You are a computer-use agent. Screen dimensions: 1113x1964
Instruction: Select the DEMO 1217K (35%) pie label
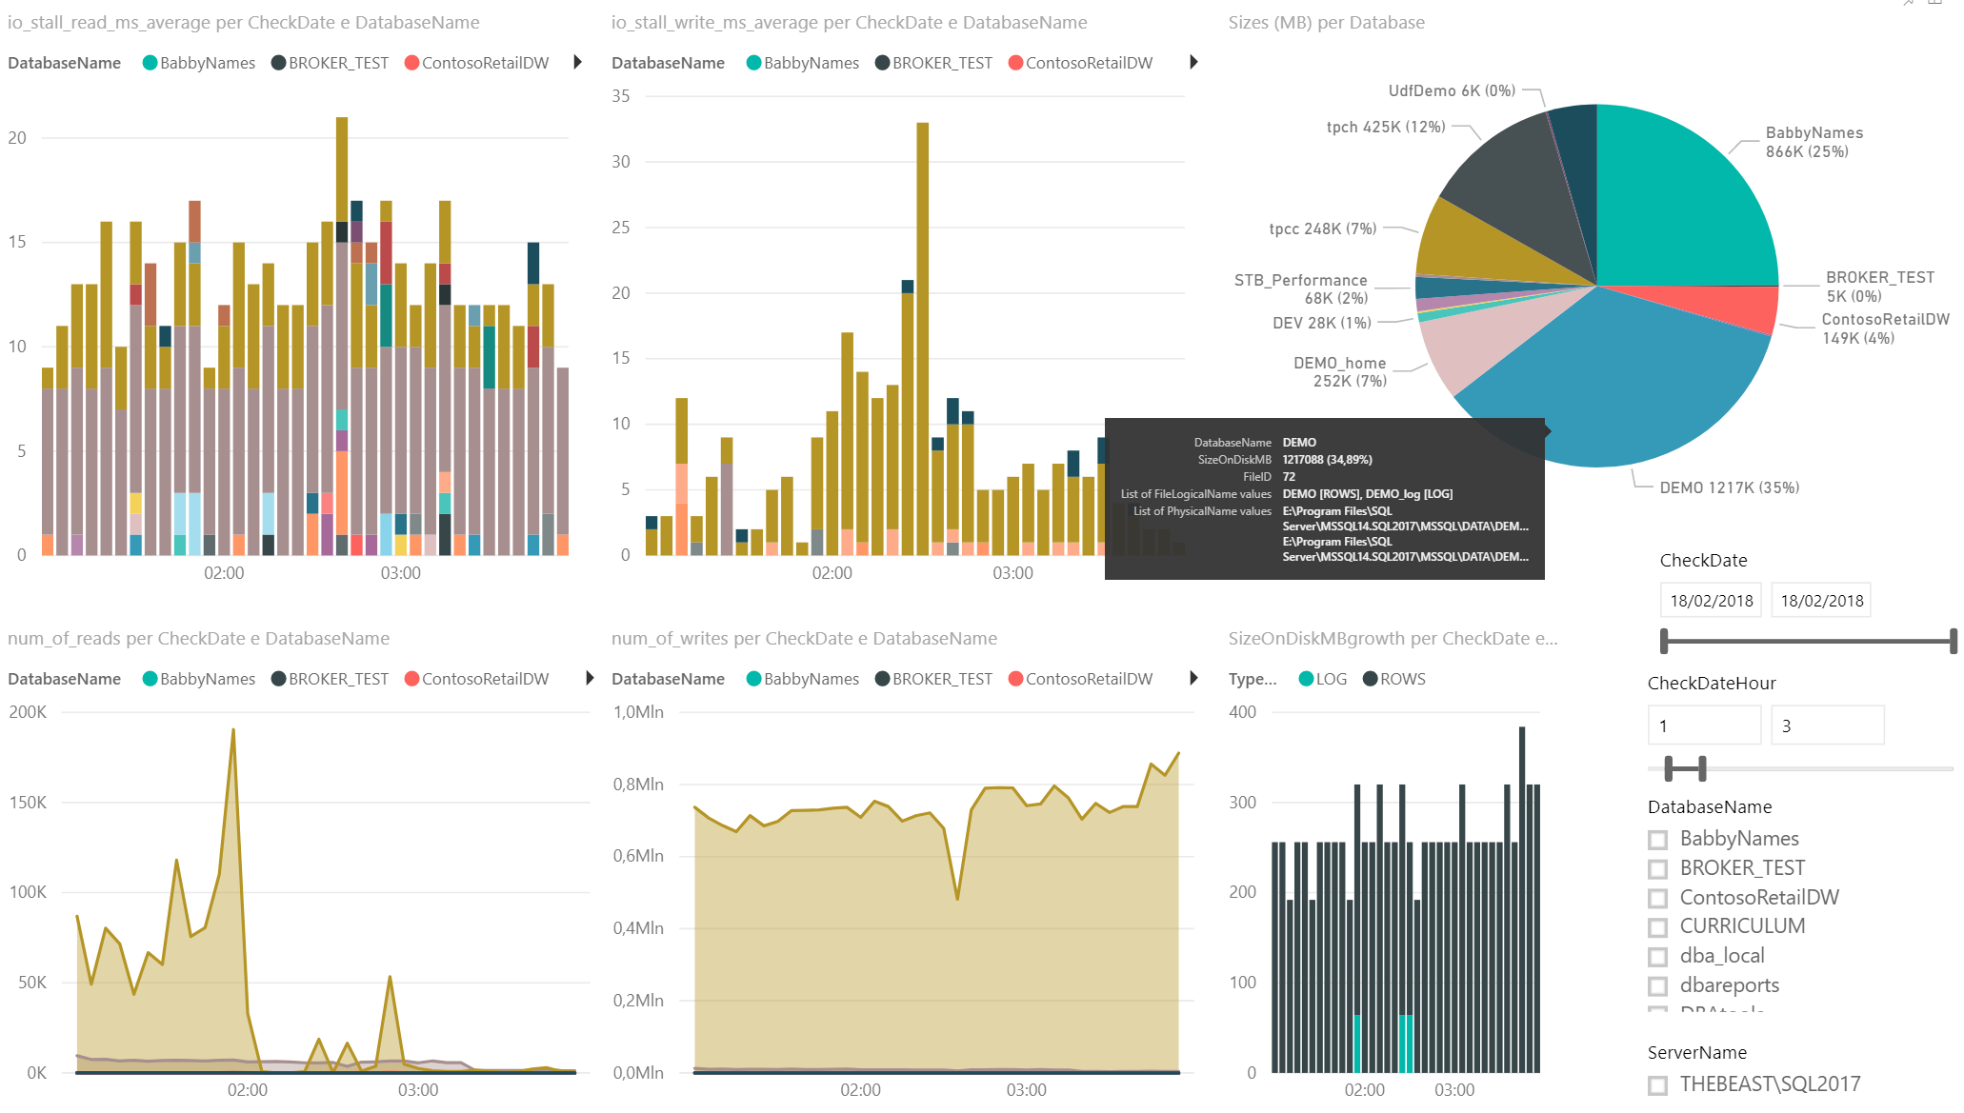tap(1729, 487)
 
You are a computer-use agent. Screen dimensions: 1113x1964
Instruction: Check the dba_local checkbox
tap(1658, 957)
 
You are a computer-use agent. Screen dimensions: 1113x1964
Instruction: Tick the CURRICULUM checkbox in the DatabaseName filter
tap(1658, 927)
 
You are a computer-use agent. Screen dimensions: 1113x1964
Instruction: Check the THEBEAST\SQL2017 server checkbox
tap(1658, 1085)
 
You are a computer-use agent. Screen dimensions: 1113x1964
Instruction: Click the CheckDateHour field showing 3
tap(1826, 725)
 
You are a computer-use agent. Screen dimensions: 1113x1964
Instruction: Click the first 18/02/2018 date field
tap(1711, 601)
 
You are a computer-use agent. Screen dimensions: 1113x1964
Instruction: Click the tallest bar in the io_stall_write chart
tap(922, 333)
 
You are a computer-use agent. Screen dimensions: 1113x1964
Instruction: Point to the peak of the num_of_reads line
tap(233, 730)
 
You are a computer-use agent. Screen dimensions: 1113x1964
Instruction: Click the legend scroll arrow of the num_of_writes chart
tap(1194, 678)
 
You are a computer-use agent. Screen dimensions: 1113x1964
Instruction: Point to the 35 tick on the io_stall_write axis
tap(621, 96)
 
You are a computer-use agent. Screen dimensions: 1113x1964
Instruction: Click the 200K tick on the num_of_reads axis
tap(28, 712)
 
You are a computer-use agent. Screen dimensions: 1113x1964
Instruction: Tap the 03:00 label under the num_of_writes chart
tap(1026, 1090)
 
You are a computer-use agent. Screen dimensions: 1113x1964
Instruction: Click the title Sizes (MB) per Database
tap(1326, 22)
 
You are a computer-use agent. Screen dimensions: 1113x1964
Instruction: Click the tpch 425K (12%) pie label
tap(1386, 127)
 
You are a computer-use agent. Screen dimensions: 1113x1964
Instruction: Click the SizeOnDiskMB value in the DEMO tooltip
tap(1327, 460)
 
